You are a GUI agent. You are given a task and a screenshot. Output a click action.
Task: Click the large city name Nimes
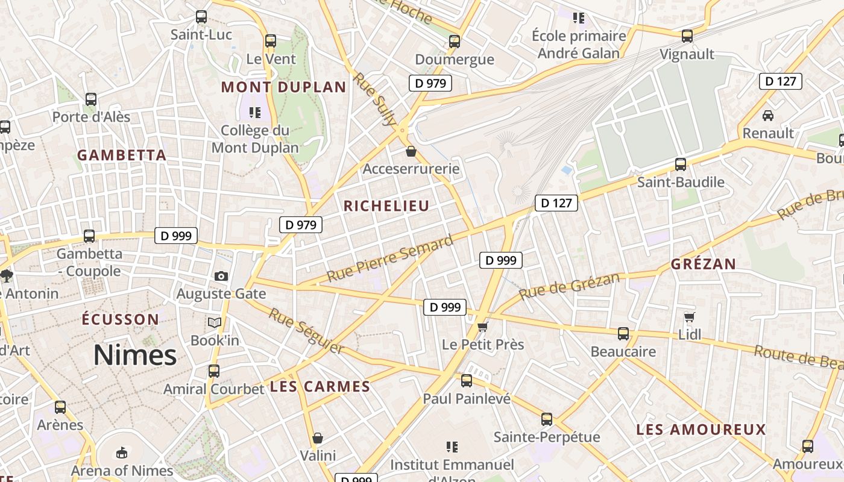135,355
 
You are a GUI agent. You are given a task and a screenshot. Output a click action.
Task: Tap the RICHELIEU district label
386,206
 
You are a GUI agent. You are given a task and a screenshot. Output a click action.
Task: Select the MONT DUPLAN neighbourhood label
283,87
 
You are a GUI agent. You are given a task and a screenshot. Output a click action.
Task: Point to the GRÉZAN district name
704,264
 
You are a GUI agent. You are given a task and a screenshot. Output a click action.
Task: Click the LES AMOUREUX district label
701,430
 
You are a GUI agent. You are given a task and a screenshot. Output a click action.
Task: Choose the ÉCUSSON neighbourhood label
121,319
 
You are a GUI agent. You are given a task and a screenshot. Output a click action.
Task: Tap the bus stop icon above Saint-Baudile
681,164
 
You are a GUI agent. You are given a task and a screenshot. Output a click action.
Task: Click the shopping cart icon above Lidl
690,317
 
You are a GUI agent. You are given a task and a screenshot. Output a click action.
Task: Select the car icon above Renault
768,115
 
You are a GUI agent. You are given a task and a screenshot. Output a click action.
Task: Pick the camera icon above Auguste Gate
221,276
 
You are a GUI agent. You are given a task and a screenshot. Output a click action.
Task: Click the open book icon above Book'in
215,322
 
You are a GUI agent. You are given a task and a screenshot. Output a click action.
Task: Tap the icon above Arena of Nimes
122,452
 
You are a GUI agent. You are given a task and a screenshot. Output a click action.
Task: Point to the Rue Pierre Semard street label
389,258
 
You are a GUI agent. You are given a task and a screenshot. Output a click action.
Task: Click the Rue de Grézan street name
568,286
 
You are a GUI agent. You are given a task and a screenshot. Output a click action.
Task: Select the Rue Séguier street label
306,331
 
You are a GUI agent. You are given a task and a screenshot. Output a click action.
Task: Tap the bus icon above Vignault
687,36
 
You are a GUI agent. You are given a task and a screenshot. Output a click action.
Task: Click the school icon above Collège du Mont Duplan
254,112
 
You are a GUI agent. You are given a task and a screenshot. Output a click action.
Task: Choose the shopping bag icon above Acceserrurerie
411,151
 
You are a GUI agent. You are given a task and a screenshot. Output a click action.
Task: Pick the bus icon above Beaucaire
623,333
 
